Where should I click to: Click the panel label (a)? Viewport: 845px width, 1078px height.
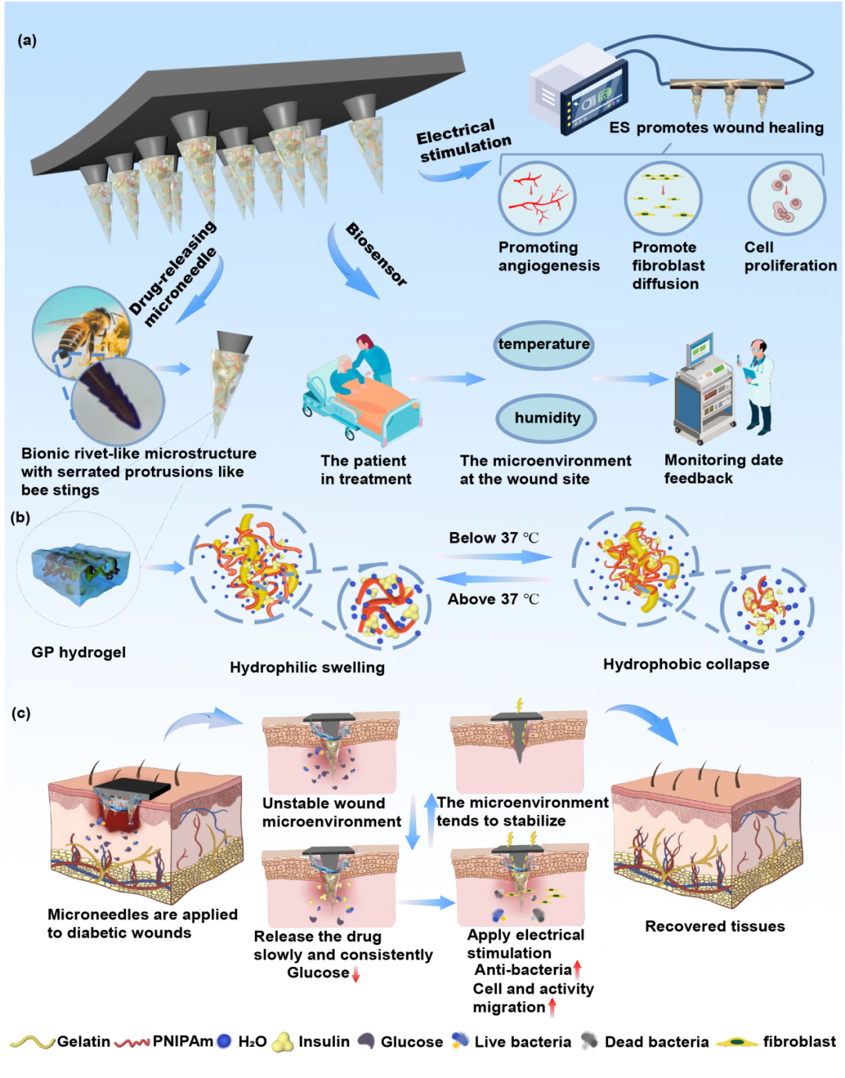tap(27, 41)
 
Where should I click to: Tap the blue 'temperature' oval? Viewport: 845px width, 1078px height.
tap(544, 344)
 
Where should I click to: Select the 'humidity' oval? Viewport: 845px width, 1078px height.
tap(547, 418)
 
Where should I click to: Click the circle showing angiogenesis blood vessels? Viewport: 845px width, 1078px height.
tap(537, 197)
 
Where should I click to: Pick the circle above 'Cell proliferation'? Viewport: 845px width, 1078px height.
tap(786, 199)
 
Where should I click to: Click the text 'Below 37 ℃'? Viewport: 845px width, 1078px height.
tap(493, 538)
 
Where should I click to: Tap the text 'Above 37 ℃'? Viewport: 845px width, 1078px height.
tap(493, 599)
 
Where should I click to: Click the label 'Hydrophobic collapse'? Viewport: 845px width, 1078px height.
tap(685, 664)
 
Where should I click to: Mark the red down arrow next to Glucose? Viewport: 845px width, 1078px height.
tap(356, 975)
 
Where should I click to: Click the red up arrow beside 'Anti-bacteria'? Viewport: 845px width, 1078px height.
tap(577, 970)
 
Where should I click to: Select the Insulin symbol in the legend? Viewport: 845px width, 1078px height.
tap(282, 1042)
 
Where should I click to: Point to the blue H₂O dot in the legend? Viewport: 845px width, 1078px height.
tap(224, 1042)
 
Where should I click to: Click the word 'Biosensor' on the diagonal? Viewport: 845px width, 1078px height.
tap(376, 254)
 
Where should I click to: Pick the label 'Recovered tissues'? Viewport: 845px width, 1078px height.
tap(714, 926)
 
